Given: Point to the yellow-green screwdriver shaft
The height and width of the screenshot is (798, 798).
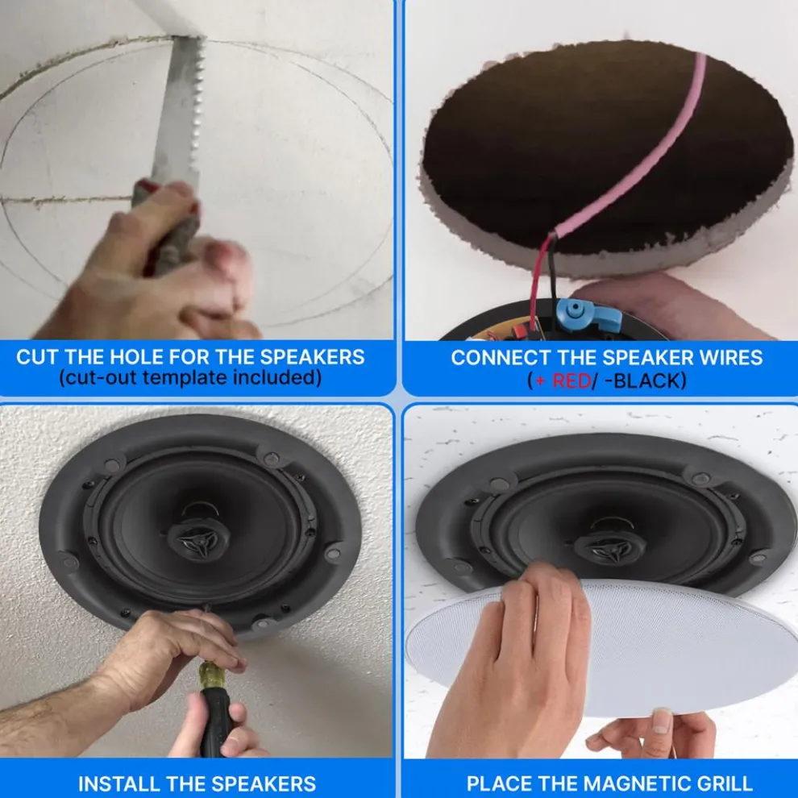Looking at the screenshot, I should click(x=210, y=674).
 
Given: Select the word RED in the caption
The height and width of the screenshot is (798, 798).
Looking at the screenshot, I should click(x=571, y=380).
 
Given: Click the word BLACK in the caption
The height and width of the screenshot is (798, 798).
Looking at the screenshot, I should click(x=650, y=380).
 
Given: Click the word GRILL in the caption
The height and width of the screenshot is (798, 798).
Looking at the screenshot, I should click(x=719, y=783).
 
